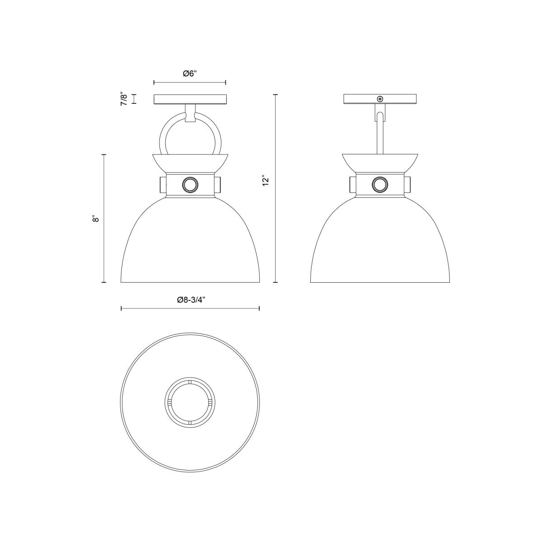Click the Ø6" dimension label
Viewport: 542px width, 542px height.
pos(190,74)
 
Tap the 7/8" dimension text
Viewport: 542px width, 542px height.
pos(124,99)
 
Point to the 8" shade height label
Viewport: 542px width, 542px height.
pos(96,219)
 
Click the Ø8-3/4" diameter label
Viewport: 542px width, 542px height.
pos(190,300)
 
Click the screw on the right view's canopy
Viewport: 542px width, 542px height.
pos(380,99)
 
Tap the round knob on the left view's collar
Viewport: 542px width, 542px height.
pos(190,185)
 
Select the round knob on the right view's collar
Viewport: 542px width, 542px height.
pos(380,185)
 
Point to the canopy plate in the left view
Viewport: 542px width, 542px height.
pos(190,99)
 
